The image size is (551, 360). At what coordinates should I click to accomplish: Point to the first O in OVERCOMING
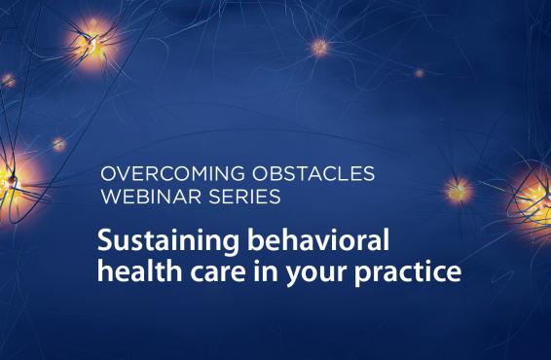pos(108,176)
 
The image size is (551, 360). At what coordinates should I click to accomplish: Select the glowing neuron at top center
pos(320,46)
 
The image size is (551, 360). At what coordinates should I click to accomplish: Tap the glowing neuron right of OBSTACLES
pos(457,187)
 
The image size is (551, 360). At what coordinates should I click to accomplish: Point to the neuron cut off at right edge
pos(538,193)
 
